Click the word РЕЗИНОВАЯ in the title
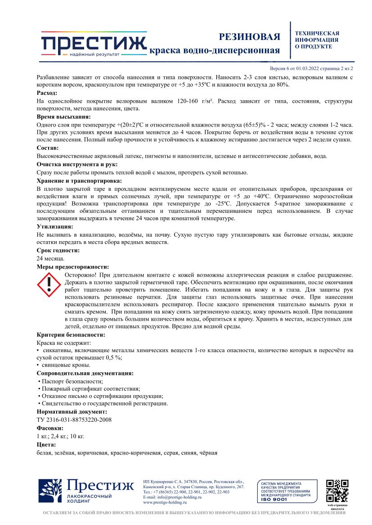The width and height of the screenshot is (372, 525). pyautogui.click(x=249, y=37)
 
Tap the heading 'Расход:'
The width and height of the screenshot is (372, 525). pyautogui.click(x=47, y=93)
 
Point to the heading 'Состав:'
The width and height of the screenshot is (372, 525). pyautogui.click(x=47, y=148)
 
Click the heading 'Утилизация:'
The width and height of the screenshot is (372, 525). pyautogui.click(x=55, y=227)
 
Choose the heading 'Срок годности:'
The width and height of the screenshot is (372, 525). pyautogui.click(x=58, y=250)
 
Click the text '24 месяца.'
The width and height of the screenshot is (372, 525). pyautogui.click(x=50, y=258)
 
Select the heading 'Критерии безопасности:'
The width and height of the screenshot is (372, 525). pyautogui.click(x=71, y=335)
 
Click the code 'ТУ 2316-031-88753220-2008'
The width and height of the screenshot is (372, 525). pyautogui.click(x=74, y=419)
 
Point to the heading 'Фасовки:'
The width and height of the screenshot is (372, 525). pyautogui.click(x=49, y=428)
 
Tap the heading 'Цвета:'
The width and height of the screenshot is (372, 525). pyautogui.click(x=46, y=444)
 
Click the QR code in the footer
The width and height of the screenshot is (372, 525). pyautogui.click(x=337, y=491)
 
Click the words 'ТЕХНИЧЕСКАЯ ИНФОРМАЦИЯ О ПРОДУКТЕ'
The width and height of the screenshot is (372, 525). pyautogui.click(x=317, y=40)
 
